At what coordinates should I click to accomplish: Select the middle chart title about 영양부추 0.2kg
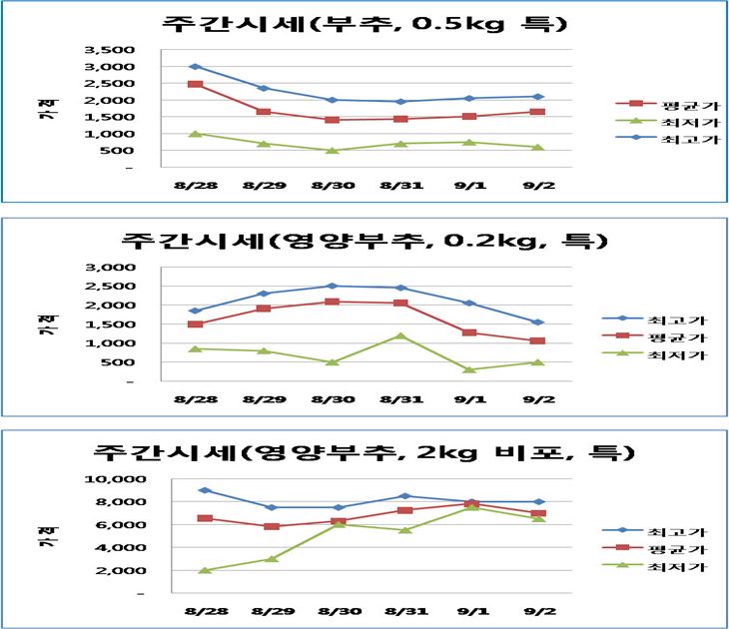tap(364, 241)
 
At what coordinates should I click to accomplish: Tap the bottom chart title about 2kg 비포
tap(364, 452)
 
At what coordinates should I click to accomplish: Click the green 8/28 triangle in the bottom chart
tap(205, 570)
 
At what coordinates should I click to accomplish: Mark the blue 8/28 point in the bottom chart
tap(205, 490)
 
